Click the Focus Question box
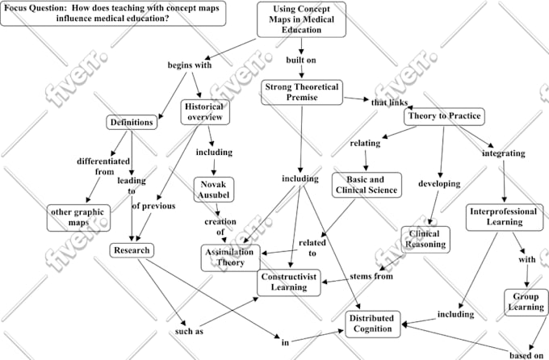[x=113, y=13]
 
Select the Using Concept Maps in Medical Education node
[x=303, y=19]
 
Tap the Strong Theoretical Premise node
[x=302, y=91]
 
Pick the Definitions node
[x=131, y=123]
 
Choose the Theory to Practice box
[x=443, y=116]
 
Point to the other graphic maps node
[x=79, y=217]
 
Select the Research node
[x=131, y=250]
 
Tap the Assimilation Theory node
[x=230, y=257]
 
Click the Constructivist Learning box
[x=289, y=282]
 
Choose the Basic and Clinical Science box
[x=366, y=185]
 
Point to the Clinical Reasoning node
[x=424, y=238]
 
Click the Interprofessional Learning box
[x=502, y=217]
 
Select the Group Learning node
[x=525, y=301]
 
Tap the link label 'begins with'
[x=190, y=65]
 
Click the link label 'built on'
[x=301, y=60]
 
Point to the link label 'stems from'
[x=371, y=277]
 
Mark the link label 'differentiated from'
[x=103, y=165]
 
